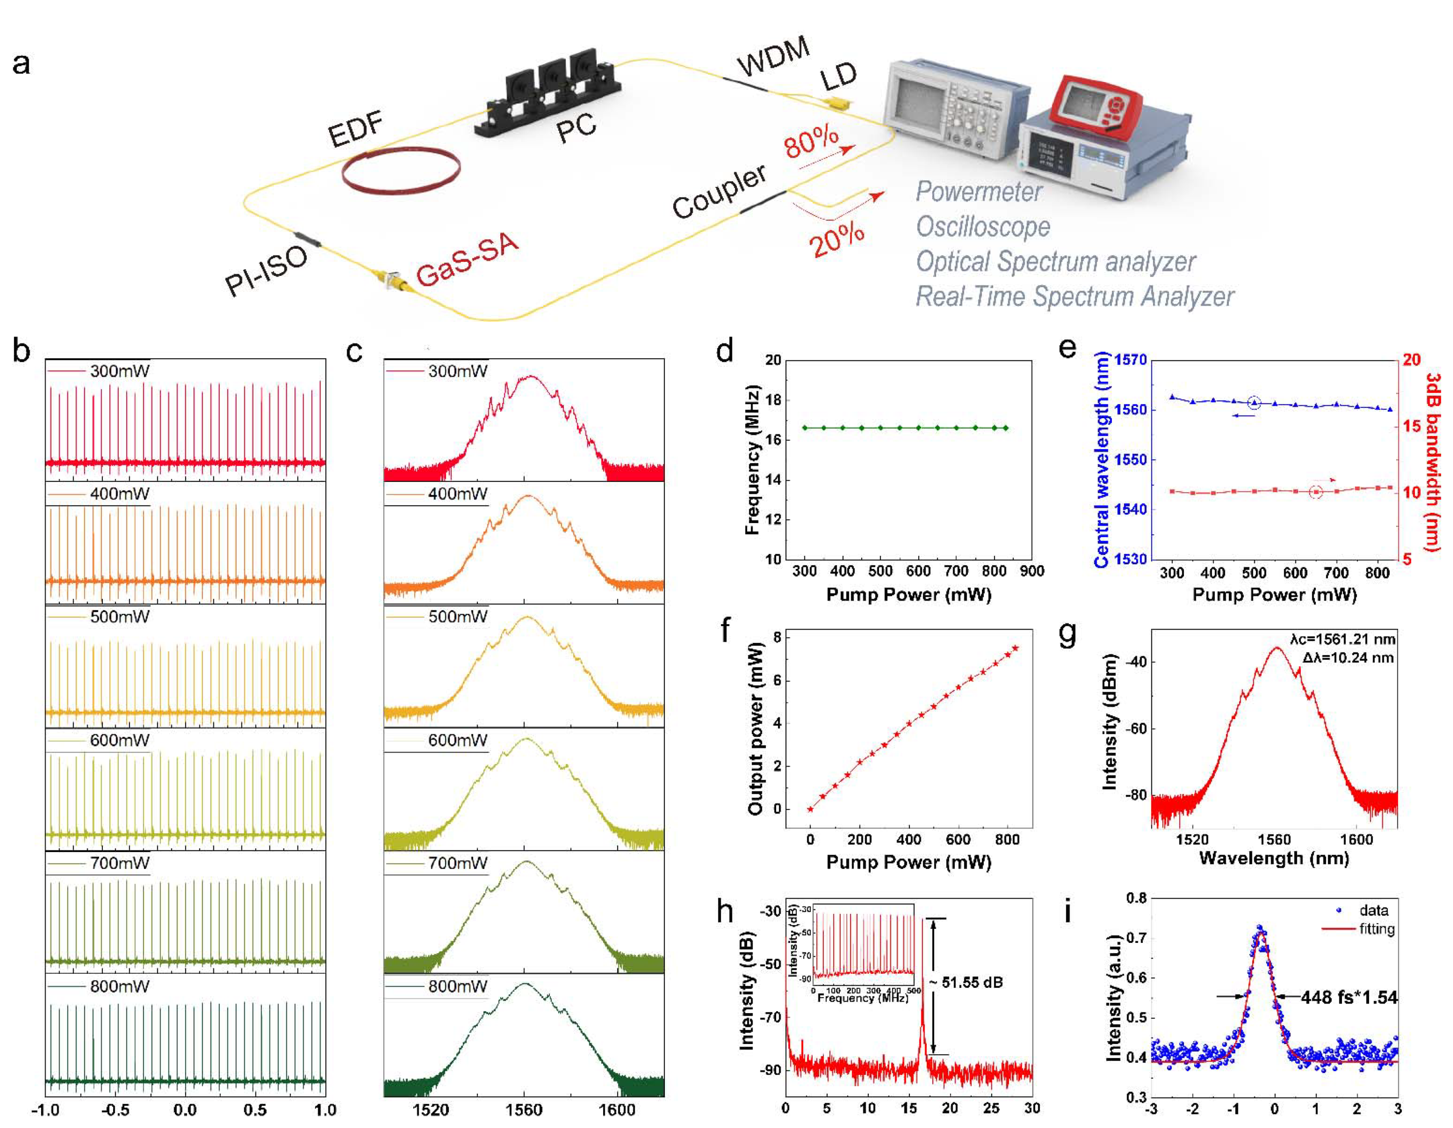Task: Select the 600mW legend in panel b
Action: (120, 740)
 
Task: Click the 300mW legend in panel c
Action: (458, 371)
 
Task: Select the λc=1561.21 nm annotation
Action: (1342, 639)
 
